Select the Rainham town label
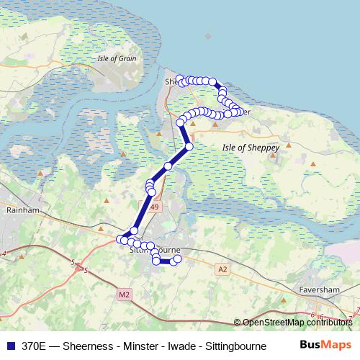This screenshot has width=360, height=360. (17, 211)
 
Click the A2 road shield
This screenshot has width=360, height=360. (222, 269)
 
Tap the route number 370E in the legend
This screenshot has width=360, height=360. (35, 346)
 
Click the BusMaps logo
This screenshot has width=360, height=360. (325, 345)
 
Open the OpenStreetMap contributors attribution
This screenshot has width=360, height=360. (297, 322)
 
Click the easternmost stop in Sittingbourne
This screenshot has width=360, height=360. (178, 258)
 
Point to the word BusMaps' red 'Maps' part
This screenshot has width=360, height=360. (336, 345)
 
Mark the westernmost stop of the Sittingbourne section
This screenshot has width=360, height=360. (120, 239)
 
